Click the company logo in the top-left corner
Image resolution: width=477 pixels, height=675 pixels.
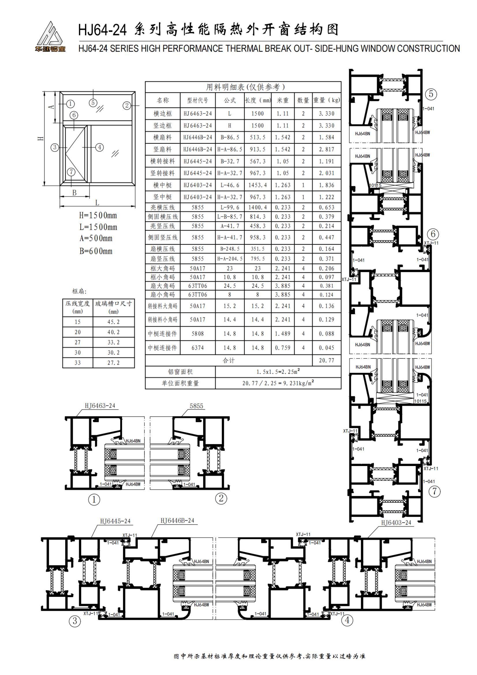coord(50,37)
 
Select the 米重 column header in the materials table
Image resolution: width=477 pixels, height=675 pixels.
coord(283,100)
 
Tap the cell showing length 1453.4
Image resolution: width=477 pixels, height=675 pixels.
coord(257,185)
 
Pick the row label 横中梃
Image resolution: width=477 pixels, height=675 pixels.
coord(162,185)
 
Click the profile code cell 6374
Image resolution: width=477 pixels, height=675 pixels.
coord(197,348)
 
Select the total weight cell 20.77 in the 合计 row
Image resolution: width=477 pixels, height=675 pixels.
coord(327,360)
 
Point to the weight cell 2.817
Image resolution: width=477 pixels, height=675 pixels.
coord(327,149)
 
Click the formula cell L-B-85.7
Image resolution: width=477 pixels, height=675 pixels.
coord(229,217)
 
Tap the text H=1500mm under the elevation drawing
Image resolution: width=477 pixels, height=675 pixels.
coord(98,216)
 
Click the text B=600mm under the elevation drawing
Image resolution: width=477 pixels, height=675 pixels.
coord(96,251)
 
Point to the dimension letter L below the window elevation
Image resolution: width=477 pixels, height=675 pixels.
coord(97,203)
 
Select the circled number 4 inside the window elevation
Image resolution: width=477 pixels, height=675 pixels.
coord(100,147)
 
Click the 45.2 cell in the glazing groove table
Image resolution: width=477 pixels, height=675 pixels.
coord(113,322)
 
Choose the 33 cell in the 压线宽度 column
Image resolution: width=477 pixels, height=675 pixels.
coord(78,363)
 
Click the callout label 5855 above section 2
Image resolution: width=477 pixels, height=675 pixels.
coord(196,406)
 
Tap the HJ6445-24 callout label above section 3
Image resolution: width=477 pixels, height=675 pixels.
coord(115,521)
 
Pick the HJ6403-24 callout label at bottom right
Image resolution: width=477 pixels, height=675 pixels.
coord(396,522)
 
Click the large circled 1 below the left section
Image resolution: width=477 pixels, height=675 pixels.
coord(94,500)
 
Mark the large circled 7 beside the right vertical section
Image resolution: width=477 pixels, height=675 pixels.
coord(435,491)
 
